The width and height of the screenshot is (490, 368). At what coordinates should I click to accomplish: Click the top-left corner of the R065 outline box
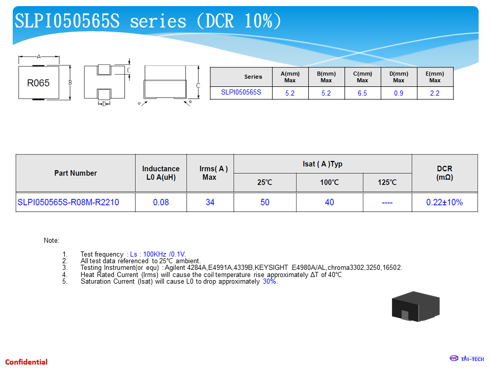[19, 66]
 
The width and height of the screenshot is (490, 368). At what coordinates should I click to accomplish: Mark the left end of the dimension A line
[19, 57]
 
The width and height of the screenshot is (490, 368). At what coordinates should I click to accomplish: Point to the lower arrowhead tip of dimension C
[198, 99]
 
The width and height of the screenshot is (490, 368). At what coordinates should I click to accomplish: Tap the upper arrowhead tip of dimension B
[70, 66]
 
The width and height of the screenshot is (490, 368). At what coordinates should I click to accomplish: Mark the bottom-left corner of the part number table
[16, 212]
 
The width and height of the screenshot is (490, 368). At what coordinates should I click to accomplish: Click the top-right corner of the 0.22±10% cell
[478, 193]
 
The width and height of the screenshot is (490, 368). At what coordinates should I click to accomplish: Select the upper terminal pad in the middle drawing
[104, 70]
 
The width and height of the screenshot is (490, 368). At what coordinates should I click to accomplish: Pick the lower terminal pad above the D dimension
[104, 94]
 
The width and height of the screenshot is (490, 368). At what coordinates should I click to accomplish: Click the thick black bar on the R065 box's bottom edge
[39, 99]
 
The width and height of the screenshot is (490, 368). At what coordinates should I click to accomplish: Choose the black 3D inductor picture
[415, 306]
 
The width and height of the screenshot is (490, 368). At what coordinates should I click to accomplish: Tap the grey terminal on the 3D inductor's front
[405, 315]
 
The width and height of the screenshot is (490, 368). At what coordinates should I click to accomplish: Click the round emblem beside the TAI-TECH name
[454, 358]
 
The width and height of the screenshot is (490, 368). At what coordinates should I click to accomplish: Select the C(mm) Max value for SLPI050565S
[362, 93]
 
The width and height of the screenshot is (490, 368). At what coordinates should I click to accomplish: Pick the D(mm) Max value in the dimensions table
[399, 93]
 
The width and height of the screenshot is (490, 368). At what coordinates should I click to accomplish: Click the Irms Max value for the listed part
[210, 202]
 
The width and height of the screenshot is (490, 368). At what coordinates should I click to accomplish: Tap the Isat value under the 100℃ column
[329, 202]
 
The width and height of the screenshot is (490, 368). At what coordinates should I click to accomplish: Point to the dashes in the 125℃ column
[387, 203]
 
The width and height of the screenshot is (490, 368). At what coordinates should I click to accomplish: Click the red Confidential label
[26, 362]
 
